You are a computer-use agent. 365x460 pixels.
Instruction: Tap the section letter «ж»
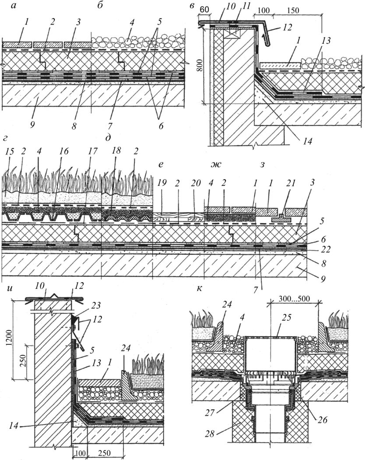pos(215,165)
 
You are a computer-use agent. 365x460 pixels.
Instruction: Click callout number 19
pos(162,179)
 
